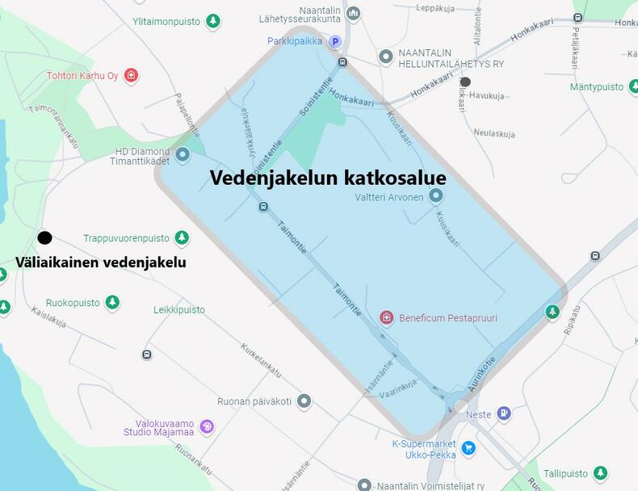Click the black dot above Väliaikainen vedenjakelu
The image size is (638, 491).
[x=44, y=237]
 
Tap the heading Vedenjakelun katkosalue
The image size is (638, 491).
[x=328, y=178]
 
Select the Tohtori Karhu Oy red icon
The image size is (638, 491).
[x=131, y=75]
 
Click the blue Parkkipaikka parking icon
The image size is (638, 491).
[x=334, y=41]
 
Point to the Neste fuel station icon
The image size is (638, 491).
[x=504, y=413]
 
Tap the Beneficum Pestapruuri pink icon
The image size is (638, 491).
[x=386, y=317]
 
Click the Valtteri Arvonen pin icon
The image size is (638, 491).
[x=436, y=195]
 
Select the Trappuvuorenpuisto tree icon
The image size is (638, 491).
[x=182, y=238]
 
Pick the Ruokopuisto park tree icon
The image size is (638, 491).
[x=112, y=303]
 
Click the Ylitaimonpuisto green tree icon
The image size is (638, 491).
[x=212, y=21]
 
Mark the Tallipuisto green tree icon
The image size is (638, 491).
[x=600, y=473]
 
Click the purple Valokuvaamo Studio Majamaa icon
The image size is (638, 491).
[x=207, y=426]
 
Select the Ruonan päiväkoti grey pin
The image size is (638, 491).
[x=304, y=401]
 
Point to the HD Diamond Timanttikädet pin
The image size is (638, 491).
[x=183, y=153]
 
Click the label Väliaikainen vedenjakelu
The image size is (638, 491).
[x=101, y=262]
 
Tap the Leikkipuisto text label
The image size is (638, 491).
[x=179, y=309]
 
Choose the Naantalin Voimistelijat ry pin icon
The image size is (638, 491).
[x=364, y=485]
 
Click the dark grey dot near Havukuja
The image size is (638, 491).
[x=465, y=82]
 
